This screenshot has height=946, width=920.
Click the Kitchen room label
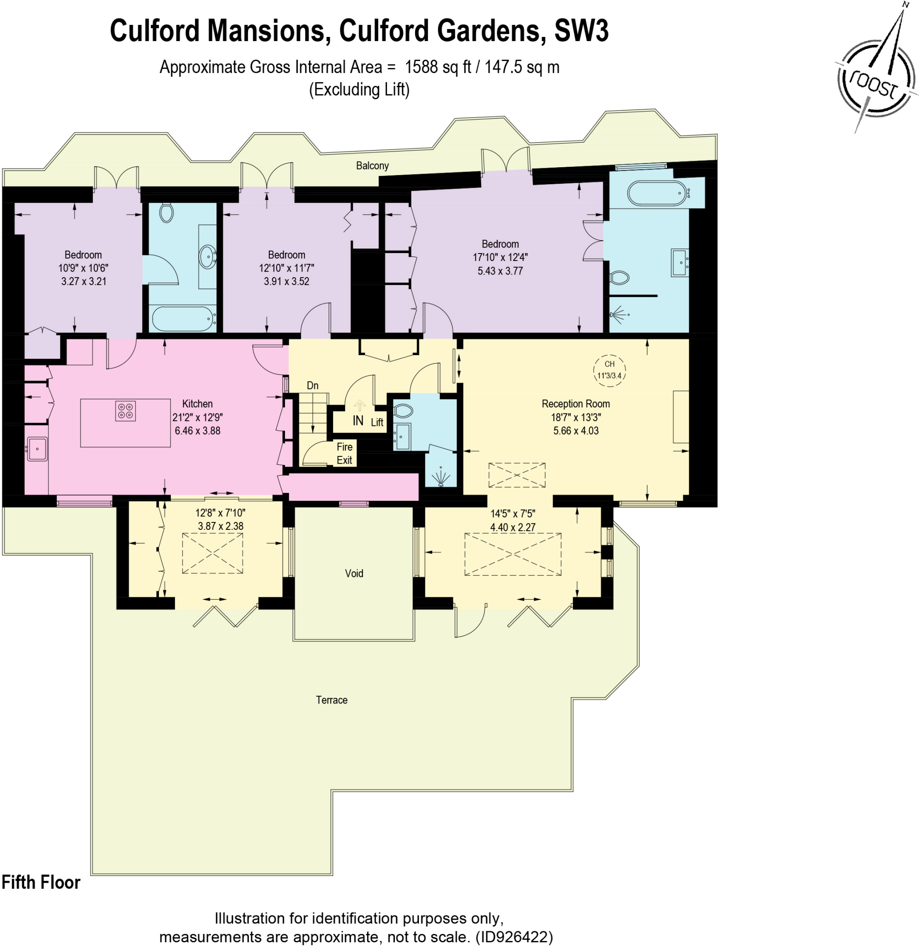(197, 404)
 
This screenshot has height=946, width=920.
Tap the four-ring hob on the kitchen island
(125, 411)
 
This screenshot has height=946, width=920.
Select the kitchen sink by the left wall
(37, 449)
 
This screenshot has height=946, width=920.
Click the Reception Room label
(575, 404)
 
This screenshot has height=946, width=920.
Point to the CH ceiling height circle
(609, 370)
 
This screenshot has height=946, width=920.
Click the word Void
(354, 574)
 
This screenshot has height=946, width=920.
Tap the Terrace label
(332, 700)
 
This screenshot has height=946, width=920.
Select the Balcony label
(372, 166)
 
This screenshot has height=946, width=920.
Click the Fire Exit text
(345, 454)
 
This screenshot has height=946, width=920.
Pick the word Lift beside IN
(377, 422)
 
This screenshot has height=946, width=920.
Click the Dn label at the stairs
(313, 386)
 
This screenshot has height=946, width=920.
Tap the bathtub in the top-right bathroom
(656, 193)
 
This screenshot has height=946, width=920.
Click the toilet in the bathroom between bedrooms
(166, 212)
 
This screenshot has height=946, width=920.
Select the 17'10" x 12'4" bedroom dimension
(500, 257)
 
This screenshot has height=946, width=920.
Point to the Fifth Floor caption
(41, 882)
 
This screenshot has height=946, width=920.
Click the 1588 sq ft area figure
(437, 67)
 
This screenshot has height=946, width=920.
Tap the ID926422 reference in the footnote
(514, 937)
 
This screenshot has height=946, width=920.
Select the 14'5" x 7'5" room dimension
(513, 514)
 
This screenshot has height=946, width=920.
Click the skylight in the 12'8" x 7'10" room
(212, 553)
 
